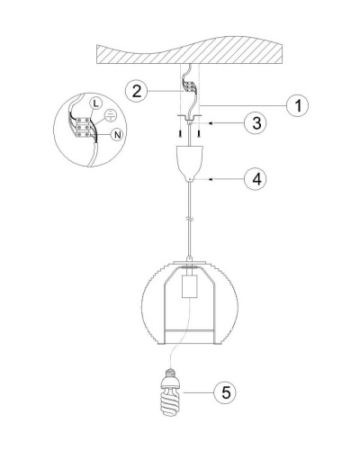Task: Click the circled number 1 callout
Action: (298, 105)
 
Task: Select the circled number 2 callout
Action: (137, 91)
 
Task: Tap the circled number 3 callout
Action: (256, 123)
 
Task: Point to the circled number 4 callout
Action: (256, 179)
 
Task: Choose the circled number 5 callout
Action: (225, 392)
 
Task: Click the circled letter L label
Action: (95, 103)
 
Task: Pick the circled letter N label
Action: (118, 135)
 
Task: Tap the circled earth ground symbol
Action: (111, 115)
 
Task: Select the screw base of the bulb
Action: (171, 373)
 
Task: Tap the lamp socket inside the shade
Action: (190, 287)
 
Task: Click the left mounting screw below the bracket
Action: (181, 133)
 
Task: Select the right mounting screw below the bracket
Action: (199, 133)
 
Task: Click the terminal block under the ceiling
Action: (190, 86)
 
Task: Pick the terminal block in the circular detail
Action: (82, 128)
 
